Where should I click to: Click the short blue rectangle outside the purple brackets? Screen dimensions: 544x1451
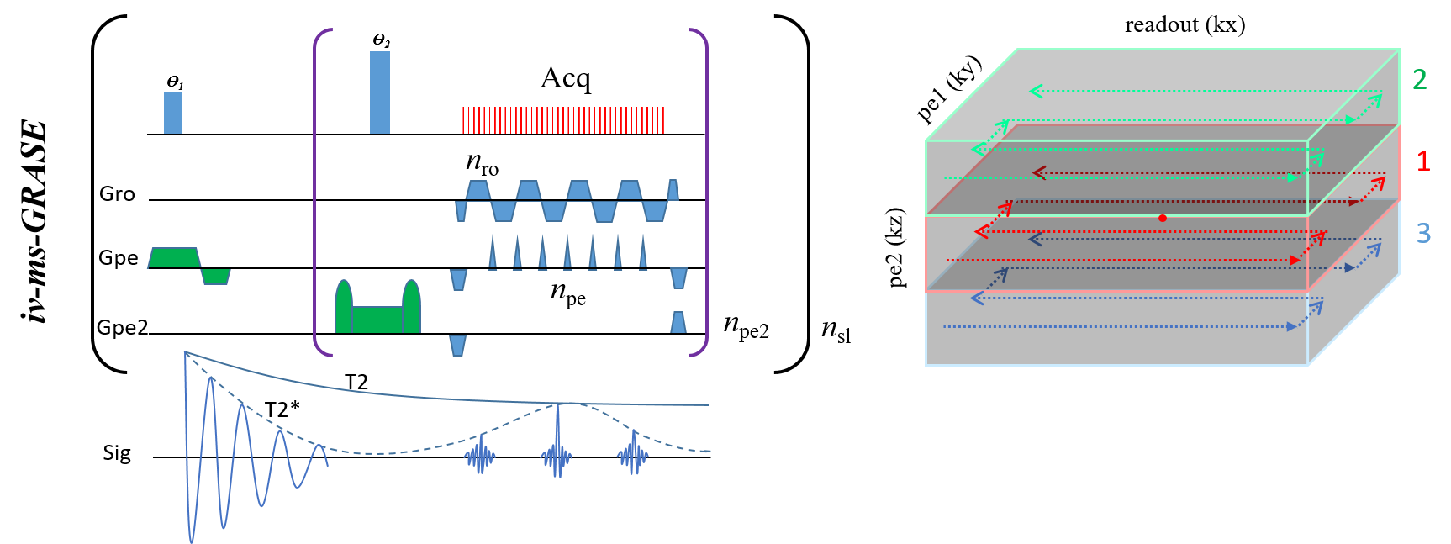tap(173, 113)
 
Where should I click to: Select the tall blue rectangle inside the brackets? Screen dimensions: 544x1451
tap(380, 92)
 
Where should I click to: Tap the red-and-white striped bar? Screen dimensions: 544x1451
tap(563, 120)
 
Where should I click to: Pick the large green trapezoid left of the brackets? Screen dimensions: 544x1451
tap(174, 257)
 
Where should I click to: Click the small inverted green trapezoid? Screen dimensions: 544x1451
tap(216, 277)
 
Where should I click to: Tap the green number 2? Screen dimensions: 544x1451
tap(1420, 80)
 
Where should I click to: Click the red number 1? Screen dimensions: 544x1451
tap(1423, 161)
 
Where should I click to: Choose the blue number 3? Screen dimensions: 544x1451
tap(1423, 233)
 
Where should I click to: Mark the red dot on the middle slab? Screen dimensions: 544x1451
tap(1162, 218)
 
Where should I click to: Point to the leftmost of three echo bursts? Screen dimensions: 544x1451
tap(480, 457)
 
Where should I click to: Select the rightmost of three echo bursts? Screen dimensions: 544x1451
tap(633, 456)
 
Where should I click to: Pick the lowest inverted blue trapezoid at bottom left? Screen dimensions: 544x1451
tap(457, 345)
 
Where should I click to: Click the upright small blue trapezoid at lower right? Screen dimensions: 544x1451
tap(678, 322)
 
